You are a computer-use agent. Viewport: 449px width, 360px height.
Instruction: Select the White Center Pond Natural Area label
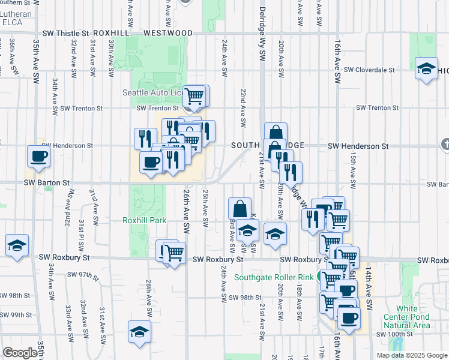[406, 317]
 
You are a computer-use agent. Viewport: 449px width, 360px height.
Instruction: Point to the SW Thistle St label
[65, 34]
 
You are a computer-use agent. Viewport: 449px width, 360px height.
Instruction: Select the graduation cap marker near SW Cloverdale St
[426, 69]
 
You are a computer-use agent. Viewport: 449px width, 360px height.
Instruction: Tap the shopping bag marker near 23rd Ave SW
[240, 209]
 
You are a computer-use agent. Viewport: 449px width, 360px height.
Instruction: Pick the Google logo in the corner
[20, 353]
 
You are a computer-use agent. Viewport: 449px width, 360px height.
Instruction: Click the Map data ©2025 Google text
[412, 355]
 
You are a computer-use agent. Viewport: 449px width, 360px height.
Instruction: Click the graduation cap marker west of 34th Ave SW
[17, 245]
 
